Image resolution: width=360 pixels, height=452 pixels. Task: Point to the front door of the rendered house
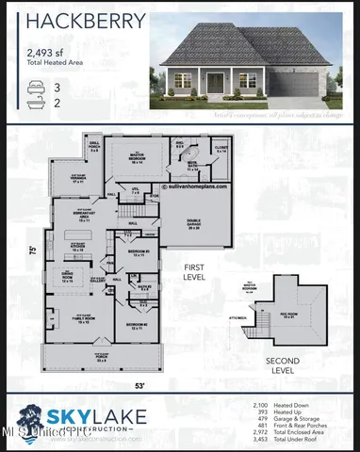216,83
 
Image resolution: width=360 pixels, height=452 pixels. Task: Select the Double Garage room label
194,226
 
